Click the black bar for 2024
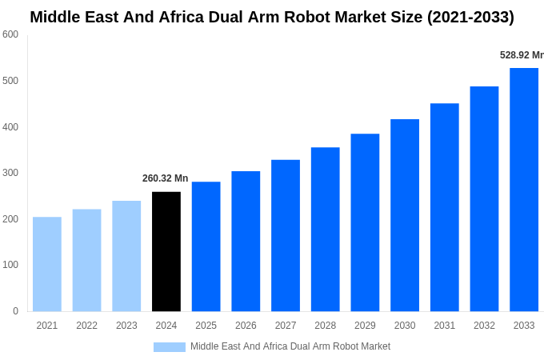166,251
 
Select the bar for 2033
524,190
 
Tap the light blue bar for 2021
47,264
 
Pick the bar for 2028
326,229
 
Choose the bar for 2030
405,215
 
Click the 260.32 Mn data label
166,178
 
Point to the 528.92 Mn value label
521,55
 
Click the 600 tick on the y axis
10,34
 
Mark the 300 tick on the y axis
10,173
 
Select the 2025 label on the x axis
206,326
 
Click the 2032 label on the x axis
484,326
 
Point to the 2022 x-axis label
86,326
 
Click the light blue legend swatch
170,347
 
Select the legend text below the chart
290,346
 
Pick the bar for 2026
246,241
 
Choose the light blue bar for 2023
126,256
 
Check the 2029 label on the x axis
365,326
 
